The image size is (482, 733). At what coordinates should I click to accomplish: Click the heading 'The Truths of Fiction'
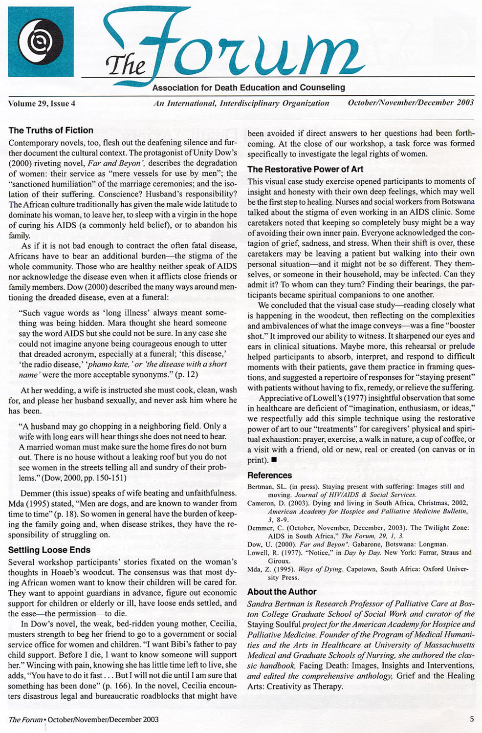[x=51, y=130]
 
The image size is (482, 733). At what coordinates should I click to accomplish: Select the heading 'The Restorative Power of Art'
[x=305, y=170]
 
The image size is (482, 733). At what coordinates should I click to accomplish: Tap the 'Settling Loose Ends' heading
[x=49, y=550]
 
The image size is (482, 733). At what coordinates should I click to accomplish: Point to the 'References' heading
[x=269, y=475]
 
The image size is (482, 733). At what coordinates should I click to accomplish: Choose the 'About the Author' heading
[x=282, y=592]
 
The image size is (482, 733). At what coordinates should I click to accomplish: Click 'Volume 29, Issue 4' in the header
[x=42, y=104]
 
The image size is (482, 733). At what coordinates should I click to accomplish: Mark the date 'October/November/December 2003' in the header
[x=411, y=103]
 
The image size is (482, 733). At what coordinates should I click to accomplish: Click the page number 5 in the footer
[x=472, y=719]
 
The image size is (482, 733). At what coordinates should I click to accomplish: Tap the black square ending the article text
[x=274, y=460]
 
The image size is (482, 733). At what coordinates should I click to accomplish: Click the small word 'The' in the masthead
[x=126, y=65]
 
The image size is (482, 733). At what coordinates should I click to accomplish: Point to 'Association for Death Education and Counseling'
[x=248, y=88]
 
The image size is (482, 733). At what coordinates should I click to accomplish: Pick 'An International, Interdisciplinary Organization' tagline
[x=241, y=104]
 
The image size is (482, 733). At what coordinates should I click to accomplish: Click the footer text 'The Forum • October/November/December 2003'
[x=84, y=719]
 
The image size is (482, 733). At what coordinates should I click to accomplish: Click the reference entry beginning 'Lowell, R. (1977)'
[x=359, y=553]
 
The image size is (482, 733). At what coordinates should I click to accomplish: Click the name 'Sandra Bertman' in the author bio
[x=273, y=604]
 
